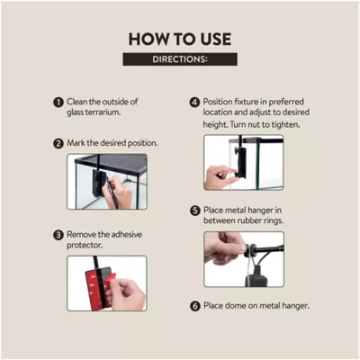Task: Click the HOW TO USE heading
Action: click(180, 40)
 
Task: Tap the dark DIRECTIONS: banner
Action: click(180, 59)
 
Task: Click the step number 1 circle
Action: click(58, 102)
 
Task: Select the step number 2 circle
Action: click(58, 143)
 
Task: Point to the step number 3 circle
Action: click(58, 235)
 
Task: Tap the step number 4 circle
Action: click(194, 103)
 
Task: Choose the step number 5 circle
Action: click(195, 211)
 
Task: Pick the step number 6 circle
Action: click(195, 306)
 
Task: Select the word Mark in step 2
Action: click(76, 143)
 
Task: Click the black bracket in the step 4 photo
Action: click(240, 162)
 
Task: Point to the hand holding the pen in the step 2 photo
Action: click(119, 192)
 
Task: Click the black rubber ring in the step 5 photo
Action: click(250, 250)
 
